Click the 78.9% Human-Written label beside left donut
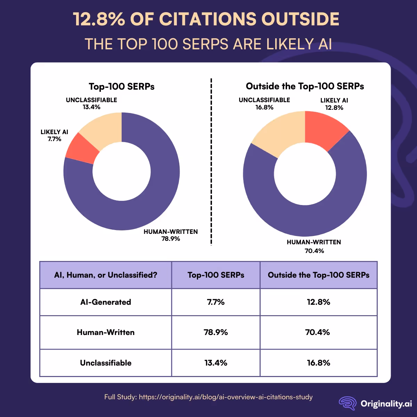click(171, 235)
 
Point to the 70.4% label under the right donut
click(314, 251)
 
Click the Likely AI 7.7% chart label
click(54, 136)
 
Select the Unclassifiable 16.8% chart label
click(264, 104)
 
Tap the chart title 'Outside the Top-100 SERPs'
click(305, 86)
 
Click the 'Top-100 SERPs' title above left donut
click(122, 87)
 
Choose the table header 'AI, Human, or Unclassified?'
click(106, 275)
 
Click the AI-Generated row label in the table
click(106, 302)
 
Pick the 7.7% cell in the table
click(216, 302)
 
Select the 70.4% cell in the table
click(318, 332)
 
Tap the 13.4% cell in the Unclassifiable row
click(216, 363)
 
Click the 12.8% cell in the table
click(318, 302)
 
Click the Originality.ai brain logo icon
click(347, 403)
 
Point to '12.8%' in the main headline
click(99, 19)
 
